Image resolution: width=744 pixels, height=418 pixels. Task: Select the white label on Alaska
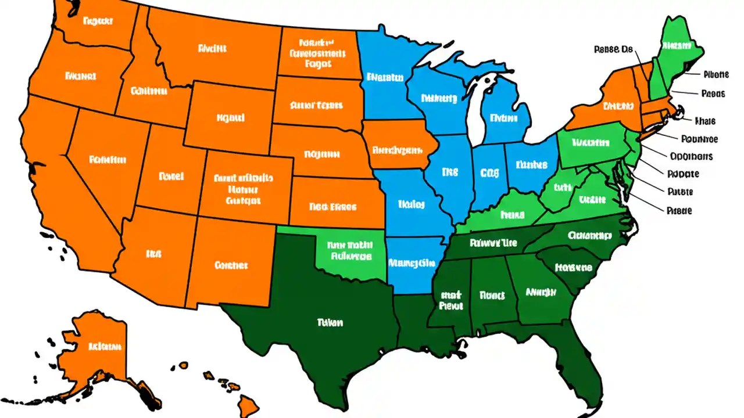point(105,347)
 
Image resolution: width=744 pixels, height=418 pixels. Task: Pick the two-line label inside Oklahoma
point(350,250)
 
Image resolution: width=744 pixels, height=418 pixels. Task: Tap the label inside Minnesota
point(385,77)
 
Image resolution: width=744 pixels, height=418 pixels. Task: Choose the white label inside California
point(108,159)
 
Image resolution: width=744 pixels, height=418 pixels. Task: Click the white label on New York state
point(617,106)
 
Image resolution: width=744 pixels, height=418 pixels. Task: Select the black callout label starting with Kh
point(705,121)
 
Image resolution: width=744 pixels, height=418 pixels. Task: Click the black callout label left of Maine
point(613,50)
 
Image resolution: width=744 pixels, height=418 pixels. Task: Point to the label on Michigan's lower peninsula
point(503,118)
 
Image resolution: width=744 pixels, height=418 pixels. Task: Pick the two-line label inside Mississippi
point(450,300)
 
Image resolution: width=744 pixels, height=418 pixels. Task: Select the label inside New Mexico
point(231,265)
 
